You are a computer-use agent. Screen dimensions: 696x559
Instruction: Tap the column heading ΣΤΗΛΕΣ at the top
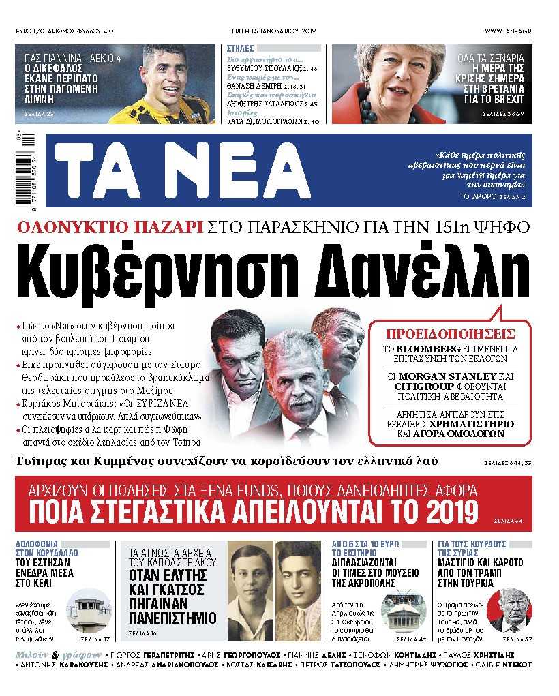(241, 49)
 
